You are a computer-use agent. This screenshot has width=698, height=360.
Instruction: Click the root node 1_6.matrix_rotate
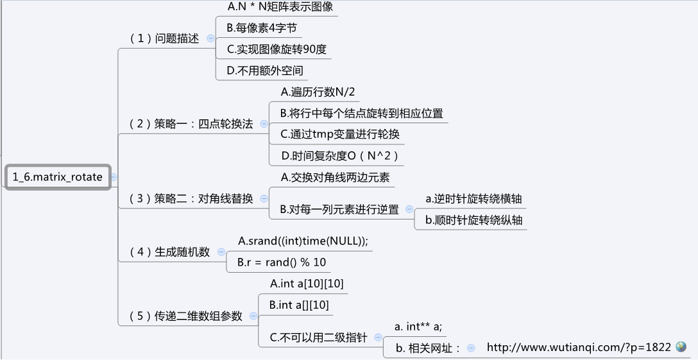pos(57,176)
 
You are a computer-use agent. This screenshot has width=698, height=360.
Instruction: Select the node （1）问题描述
pos(164,38)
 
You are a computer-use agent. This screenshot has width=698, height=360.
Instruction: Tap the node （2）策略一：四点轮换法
pos(191,124)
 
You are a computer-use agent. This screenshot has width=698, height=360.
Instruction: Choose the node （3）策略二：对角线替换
pos(191,198)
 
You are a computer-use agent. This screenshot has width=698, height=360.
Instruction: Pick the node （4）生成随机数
pos(169,252)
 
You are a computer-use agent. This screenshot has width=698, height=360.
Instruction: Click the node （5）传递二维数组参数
pos(185,316)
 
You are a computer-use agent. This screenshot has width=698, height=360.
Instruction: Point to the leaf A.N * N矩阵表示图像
pos(280,7)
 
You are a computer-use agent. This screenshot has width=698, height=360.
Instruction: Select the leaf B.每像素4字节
pos(262,28)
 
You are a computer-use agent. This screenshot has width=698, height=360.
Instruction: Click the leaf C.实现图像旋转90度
pos(277,49)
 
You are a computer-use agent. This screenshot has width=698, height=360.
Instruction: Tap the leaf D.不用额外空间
pos(265,70)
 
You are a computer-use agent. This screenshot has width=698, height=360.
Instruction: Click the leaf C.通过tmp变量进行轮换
pos(340,134)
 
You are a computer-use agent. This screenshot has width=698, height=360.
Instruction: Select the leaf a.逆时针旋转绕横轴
pos(473,198)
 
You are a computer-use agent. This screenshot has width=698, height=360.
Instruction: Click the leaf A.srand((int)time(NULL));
pos(303,241)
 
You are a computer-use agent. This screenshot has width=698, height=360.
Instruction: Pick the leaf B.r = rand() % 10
pos(282,262)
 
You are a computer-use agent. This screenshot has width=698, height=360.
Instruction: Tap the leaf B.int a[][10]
pos(299,305)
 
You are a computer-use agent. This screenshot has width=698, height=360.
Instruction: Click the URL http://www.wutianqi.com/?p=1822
pos(579,347)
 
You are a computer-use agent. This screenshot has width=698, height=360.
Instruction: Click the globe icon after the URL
pos(681,347)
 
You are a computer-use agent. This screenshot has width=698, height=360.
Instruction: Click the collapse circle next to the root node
pos(114,176)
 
